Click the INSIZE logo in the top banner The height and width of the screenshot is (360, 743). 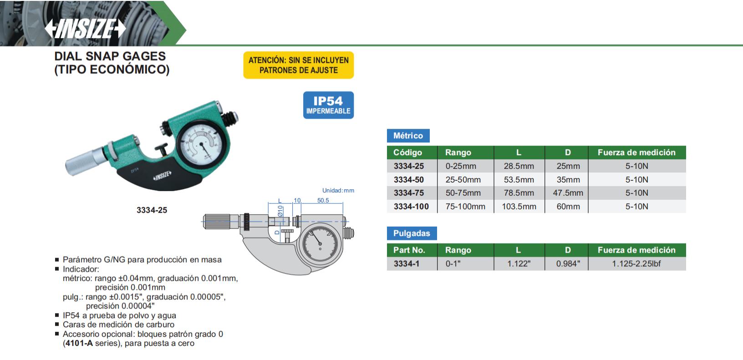pyautogui.click(x=85, y=29)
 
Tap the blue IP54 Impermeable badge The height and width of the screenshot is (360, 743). pyautogui.click(x=328, y=105)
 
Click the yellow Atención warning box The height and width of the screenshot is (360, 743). pyautogui.click(x=299, y=65)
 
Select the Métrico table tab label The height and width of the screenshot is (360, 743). pyautogui.click(x=408, y=136)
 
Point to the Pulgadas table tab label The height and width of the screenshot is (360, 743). pyautogui.click(x=412, y=233)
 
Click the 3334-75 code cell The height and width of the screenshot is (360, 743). pyautogui.click(x=409, y=193)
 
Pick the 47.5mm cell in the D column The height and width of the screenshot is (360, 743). pyautogui.click(x=568, y=193)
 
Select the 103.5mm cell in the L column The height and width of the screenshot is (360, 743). pyautogui.click(x=519, y=207)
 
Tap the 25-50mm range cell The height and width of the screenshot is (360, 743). pyautogui.click(x=463, y=180)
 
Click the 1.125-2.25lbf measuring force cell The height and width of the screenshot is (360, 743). pyautogui.click(x=636, y=264)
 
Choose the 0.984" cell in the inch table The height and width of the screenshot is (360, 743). pyautogui.click(x=568, y=264)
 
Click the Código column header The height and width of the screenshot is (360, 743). pyautogui.click(x=407, y=152)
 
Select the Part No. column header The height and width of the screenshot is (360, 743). pyautogui.click(x=409, y=250)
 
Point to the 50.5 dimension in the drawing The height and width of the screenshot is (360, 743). pyautogui.click(x=323, y=200)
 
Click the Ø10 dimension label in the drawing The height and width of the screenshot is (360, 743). pyautogui.click(x=280, y=211)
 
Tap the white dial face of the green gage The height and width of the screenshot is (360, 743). pyautogui.click(x=202, y=146)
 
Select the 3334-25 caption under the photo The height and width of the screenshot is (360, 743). pyautogui.click(x=152, y=210)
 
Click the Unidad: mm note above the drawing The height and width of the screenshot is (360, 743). pyautogui.click(x=338, y=191)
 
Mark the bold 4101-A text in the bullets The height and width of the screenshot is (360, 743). pyautogui.click(x=79, y=343)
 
